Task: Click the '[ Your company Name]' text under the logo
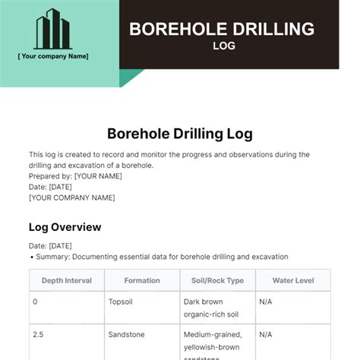[53, 56]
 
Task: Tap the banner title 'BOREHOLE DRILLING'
[221, 30]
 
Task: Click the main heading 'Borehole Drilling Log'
[180, 134]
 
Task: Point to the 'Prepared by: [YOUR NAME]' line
[75, 176]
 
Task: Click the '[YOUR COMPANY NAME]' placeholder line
[72, 197]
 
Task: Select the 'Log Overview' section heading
[65, 227]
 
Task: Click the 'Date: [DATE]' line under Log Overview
[50, 246]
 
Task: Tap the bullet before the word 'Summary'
[32, 257]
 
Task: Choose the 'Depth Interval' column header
[67, 280]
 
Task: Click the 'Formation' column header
[142, 280]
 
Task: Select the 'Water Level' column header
[292, 280]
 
